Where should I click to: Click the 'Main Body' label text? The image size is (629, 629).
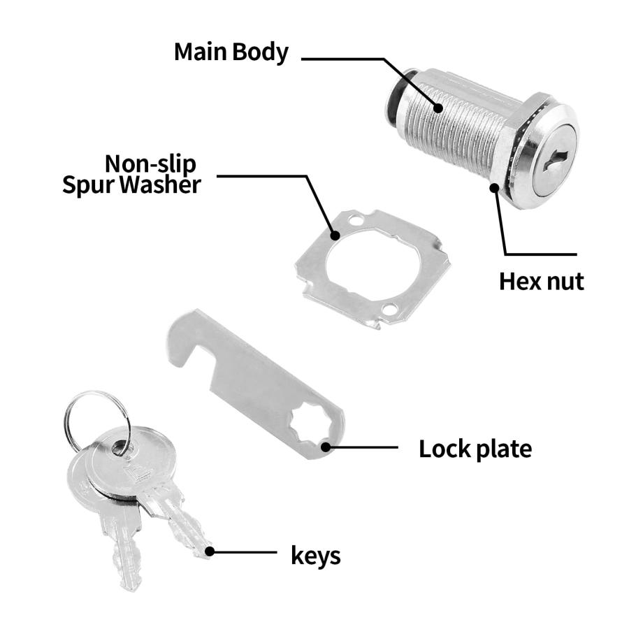coord(231,52)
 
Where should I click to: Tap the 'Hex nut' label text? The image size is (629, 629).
coord(541,281)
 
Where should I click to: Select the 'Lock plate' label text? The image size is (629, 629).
coord(475,449)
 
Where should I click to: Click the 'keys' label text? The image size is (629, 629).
coord(316,556)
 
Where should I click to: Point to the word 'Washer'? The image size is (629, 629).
coord(160,185)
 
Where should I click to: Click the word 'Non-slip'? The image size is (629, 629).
coord(150,164)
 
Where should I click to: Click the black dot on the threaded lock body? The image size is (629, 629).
coord(438,108)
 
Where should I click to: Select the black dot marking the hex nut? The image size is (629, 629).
coord(495,187)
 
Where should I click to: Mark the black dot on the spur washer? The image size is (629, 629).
coord(335,235)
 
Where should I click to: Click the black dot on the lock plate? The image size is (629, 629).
coord(326,447)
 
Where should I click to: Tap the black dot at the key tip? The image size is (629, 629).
coord(209,551)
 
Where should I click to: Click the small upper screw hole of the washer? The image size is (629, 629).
coord(354,220)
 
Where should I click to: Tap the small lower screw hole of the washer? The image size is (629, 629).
coord(389,309)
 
